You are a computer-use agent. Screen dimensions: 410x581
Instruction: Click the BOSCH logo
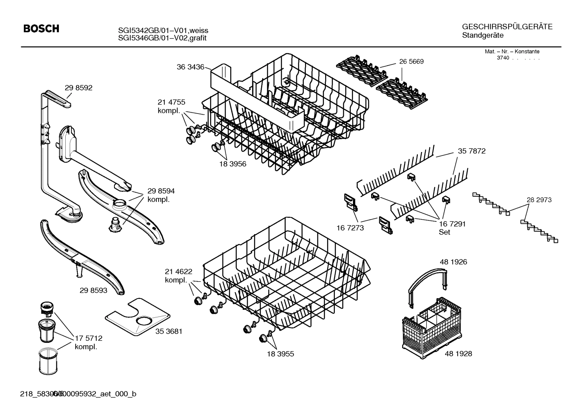(41, 29)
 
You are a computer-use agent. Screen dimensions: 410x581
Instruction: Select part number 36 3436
(190, 67)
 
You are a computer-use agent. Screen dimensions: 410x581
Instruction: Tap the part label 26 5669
(411, 62)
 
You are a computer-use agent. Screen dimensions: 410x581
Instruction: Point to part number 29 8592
(78, 88)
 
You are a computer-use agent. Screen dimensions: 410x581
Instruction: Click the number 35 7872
(471, 151)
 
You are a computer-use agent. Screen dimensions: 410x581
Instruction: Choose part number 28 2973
(539, 200)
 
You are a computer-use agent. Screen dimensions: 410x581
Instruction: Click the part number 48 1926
(453, 262)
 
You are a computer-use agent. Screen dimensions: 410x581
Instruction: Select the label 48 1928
(458, 353)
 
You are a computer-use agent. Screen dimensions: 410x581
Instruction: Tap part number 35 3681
(169, 331)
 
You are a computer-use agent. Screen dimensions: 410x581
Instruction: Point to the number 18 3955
(280, 354)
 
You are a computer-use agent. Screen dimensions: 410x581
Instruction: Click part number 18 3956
(232, 164)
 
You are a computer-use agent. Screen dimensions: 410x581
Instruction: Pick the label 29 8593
(93, 290)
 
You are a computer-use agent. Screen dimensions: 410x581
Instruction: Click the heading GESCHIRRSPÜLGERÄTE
(507, 27)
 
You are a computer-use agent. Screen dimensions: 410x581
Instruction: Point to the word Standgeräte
(482, 35)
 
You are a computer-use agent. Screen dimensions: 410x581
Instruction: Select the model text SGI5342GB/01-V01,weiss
(163, 31)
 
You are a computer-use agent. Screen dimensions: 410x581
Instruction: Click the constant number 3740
(503, 58)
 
